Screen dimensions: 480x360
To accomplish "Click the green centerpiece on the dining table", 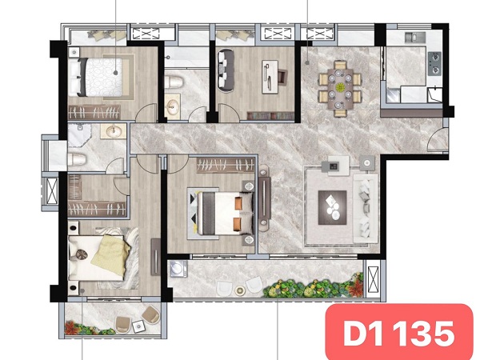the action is pyautogui.click(x=340, y=87).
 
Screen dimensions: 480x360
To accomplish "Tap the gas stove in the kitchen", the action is pyautogui.click(x=434, y=64).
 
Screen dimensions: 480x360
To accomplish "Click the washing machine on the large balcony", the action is pyautogui.click(x=178, y=269).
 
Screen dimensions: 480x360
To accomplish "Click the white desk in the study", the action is pyautogui.click(x=270, y=77).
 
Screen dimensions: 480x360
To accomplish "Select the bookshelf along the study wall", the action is pyautogui.click(x=270, y=116).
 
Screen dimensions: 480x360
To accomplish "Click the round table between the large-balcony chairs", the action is pyautogui.click(x=239, y=290).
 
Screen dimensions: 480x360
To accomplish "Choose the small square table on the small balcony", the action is pyautogui.click(x=138, y=326).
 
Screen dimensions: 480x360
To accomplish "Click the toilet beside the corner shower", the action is pyautogui.click(x=77, y=160).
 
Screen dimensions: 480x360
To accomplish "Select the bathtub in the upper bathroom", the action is pyautogui.click(x=186, y=57).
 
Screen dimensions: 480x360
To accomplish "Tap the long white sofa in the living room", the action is pyautogui.click(x=366, y=208).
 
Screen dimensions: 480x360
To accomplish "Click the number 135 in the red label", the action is pyautogui.click(x=424, y=334).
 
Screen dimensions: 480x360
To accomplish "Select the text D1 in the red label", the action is pyautogui.click(x=363, y=334).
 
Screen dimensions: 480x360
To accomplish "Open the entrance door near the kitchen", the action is pyautogui.click(x=438, y=139).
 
